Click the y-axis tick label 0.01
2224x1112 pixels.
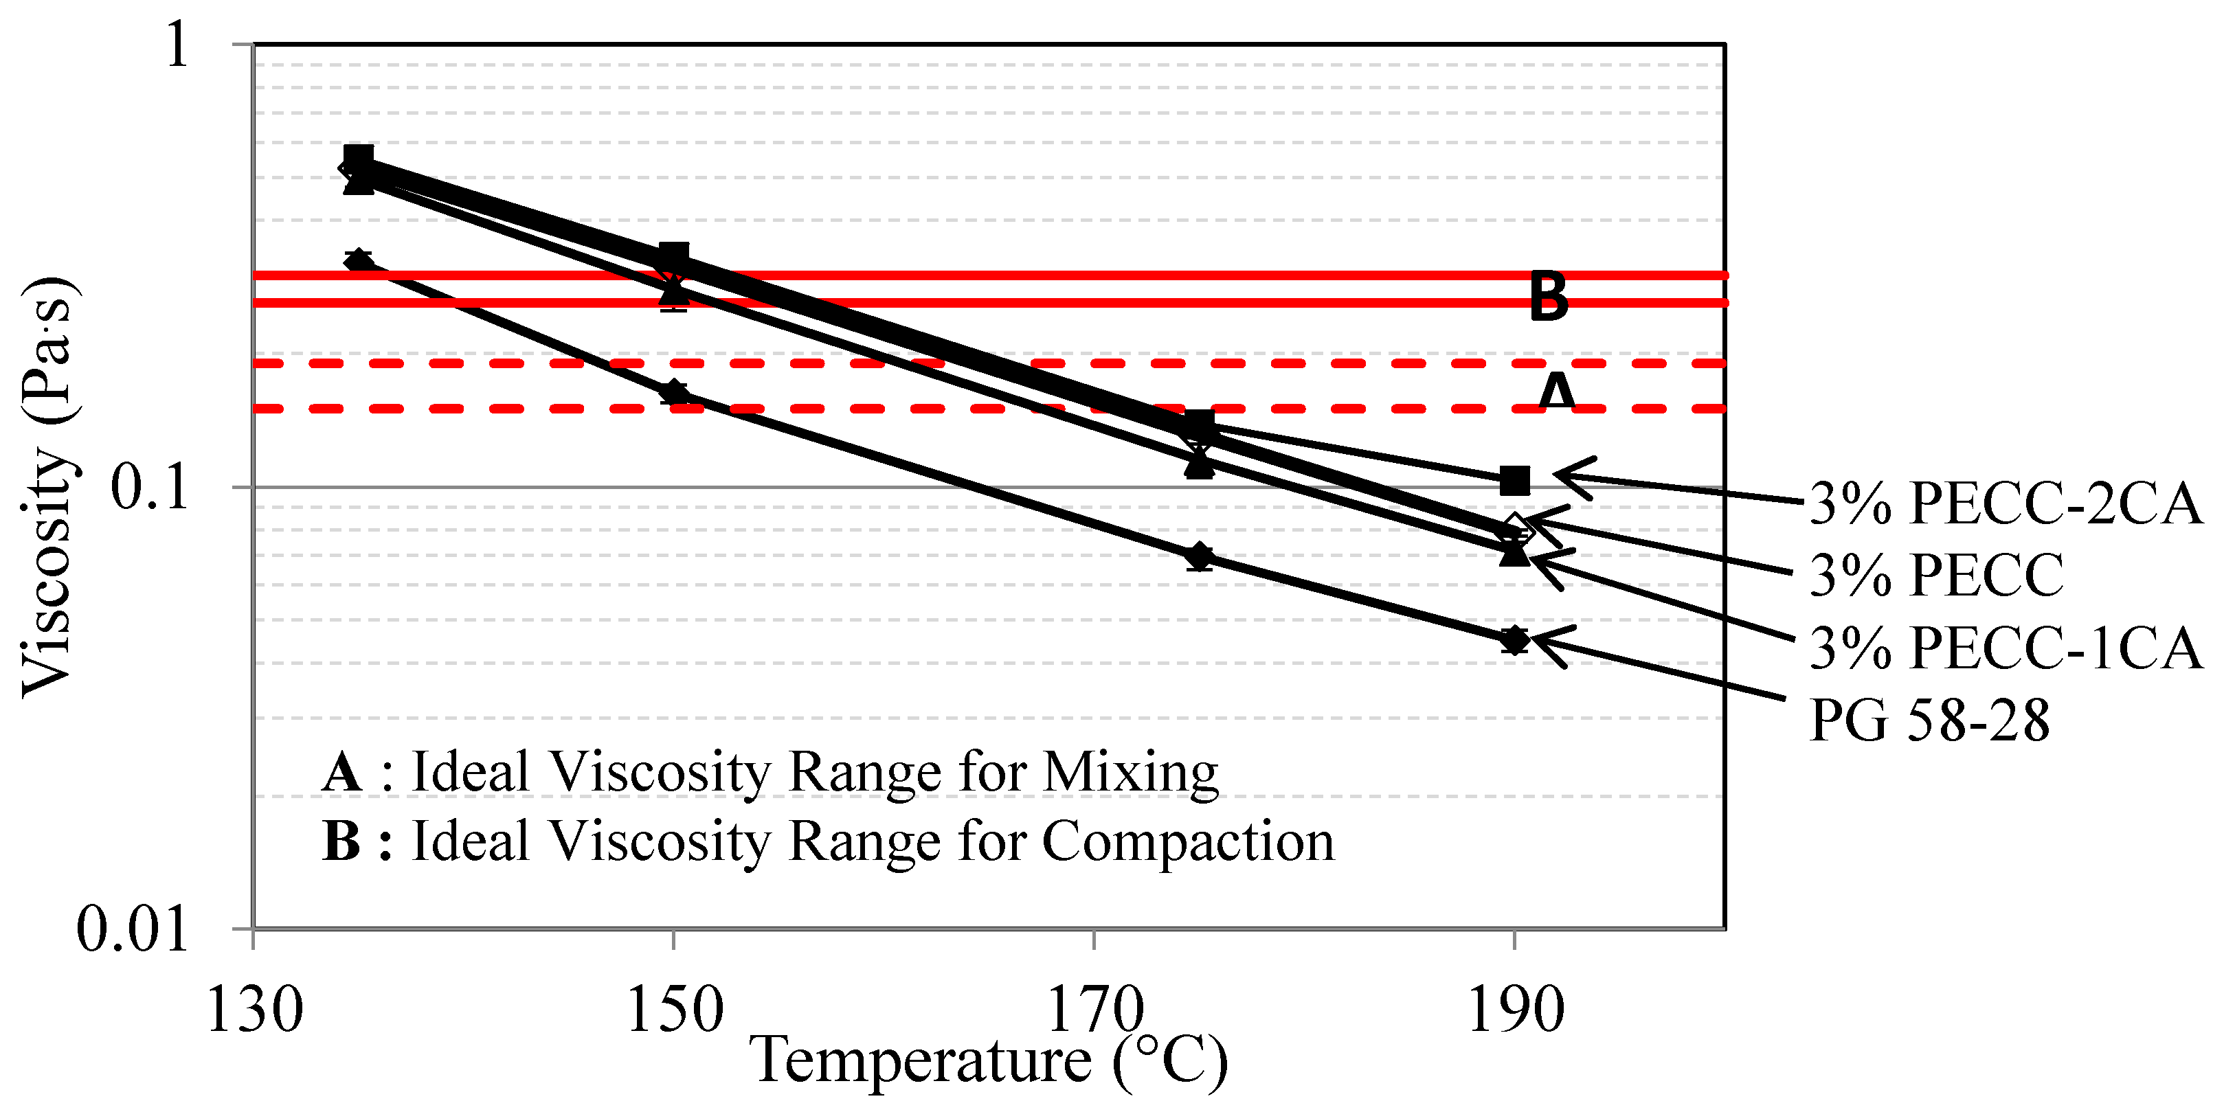(132, 930)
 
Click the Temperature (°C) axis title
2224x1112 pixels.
(989, 1061)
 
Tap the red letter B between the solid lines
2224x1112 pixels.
(1548, 297)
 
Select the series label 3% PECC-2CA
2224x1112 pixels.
(2005, 503)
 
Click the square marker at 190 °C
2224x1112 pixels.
(1514, 481)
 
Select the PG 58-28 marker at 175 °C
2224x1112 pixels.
(1198, 557)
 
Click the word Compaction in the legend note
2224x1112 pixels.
(1188, 842)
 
